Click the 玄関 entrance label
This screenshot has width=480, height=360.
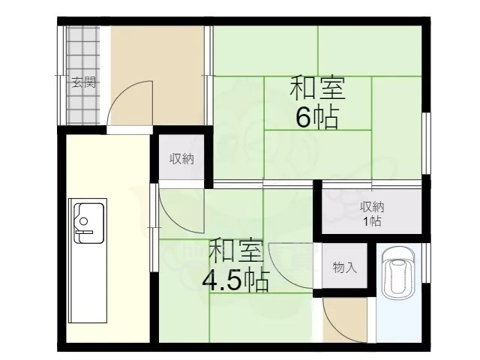83,82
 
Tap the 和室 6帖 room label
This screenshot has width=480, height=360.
317,103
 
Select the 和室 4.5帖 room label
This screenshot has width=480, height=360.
235,265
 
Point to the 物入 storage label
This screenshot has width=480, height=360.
345,268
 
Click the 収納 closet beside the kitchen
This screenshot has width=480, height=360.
181,159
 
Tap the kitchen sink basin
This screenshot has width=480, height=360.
89,223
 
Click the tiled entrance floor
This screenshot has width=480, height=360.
83,75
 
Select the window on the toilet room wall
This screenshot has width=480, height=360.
425,262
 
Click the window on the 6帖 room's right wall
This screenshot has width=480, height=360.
426,143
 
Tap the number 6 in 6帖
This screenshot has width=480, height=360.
303,117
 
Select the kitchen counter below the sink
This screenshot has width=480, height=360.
88,283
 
